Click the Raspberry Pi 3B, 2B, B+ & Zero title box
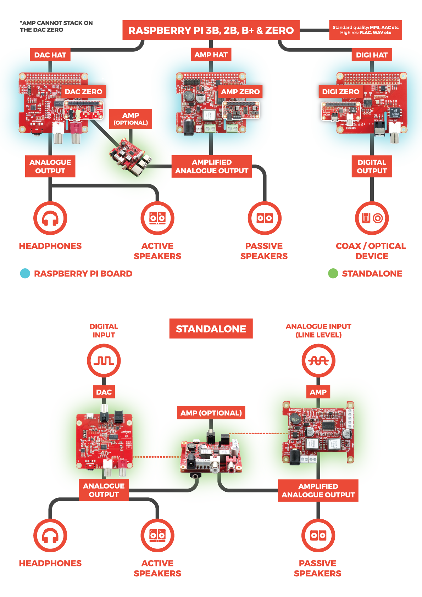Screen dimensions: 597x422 coord(211,30)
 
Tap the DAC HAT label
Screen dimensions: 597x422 coord(50,55)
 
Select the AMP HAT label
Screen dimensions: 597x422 coord(211,55)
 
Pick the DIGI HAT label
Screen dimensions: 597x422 coord(372,55)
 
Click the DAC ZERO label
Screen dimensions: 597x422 coord(83,91)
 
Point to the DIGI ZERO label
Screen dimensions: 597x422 coord(340,91)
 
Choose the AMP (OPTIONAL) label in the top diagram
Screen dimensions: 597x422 coord(131,119)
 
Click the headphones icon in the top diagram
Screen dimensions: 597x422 coord(50,218)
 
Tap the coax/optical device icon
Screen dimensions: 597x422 coord(372,218)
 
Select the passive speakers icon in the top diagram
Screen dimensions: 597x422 coord(265,218)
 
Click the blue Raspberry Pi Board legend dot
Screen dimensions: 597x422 coord(25,274)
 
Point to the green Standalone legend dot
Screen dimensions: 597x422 coord(333,274)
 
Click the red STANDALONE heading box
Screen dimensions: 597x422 coord(211,329)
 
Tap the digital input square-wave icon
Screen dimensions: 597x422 coord(104,361)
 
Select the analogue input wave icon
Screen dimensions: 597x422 coord(318,361)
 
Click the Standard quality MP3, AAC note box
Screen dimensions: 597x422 coord(365,30)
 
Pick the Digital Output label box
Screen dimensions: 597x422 coord(372,166)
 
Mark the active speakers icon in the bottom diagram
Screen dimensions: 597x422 coord(157,535)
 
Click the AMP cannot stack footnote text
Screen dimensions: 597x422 coord(56,27)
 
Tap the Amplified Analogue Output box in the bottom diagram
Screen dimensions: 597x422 coord(318,491)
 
